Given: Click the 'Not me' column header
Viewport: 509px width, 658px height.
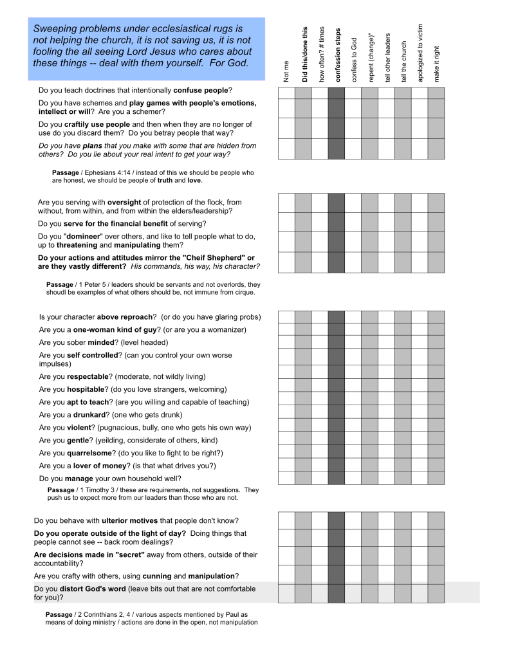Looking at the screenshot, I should [x=286, y=71].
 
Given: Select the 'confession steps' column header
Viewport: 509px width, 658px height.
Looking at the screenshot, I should [x=337, y=55].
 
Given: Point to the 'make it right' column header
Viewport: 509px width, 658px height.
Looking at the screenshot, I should [x=436, y=64].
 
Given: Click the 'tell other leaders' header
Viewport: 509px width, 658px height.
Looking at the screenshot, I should [x=387, y=57].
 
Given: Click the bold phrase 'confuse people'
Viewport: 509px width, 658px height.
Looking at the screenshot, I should [x=201, y=91].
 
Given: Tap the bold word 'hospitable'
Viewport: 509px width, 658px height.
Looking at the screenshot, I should [x=87, y=389].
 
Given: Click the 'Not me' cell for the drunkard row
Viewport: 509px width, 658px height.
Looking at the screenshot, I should [x=286, y=412].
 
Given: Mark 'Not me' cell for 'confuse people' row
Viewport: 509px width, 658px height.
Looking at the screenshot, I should [x=286, y=93].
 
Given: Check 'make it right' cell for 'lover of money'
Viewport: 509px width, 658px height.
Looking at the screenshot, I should [x=436, y=464].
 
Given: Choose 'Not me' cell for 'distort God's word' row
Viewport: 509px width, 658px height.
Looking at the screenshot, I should [x=286, y=593].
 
